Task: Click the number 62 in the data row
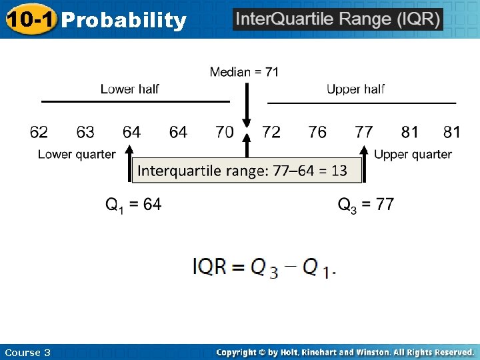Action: click(x=39, y=132)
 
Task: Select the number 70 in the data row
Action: click(x=225, y=132)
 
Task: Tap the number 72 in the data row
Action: click(x=271, y=132)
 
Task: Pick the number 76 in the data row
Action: click(x=317, y=132)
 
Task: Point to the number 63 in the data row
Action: click(x=85, y=132)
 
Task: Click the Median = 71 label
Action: click(x=244, y=72)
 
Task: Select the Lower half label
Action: click(x=130, y=89)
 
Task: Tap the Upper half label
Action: click(x=355, y=89)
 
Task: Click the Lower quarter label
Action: click(x=77, y=155)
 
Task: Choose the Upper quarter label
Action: click(x=413, y=155)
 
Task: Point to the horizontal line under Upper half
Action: click(x=361, y=103)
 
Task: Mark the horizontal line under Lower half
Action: click(x=135, y=101)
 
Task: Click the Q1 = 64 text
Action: click(x=133, y=205)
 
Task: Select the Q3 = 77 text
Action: click(x=366, y=205)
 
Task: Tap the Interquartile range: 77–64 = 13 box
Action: click(x=247, y=171)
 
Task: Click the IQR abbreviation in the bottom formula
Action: click(x=209, y=267)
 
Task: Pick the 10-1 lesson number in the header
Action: click(x=30, y=19)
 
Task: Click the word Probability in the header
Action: click(x=124, y=21)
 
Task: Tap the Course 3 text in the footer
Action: click(x=27, y=352)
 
